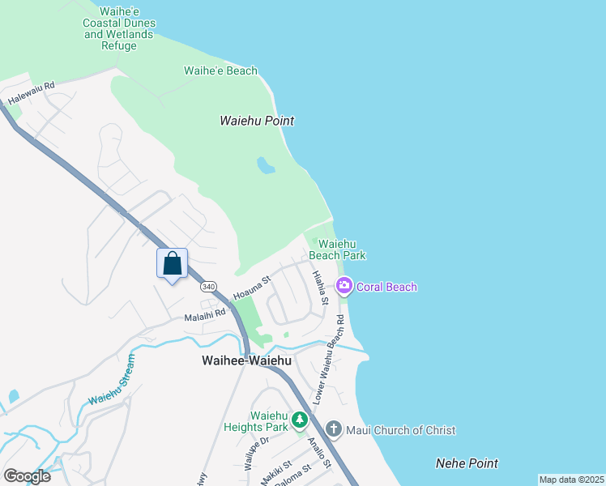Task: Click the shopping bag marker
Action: click(x=172, y=264)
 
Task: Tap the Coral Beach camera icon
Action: click(x=344, y=286)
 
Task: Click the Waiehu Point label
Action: click(x=256, y=121)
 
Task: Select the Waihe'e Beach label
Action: click(x=220, y=70)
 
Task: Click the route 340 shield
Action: click(x=209, y=287)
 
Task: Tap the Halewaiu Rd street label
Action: click(x=31, y=93)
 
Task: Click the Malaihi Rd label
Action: click(x=204, y=315)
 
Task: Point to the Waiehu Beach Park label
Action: click(x=342, y=249)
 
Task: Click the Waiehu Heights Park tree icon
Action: click(x=301, y=420)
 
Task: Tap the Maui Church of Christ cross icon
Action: click(x=333, y=428)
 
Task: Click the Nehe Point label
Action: click(x=467, y=463)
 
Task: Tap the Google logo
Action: click(x=27, y=475)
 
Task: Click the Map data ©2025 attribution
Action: click(x=571, y=480)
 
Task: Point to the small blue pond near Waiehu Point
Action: click(x=265, y=166)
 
